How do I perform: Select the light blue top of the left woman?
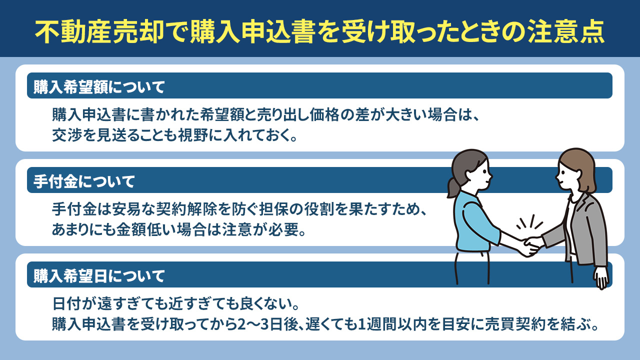click(x=475, y=220)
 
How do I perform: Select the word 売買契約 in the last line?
click(x=522, y=324)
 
